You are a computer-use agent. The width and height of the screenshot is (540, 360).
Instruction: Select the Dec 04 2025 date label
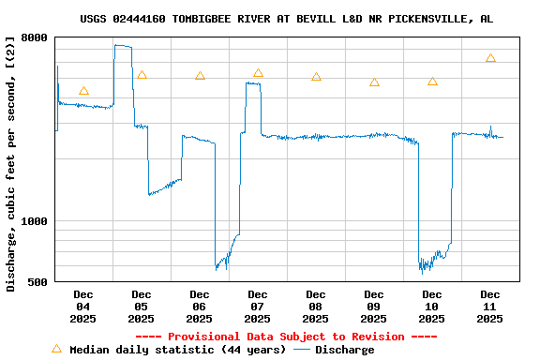(83, 307)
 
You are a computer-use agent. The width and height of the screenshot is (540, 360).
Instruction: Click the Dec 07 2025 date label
(258, 307)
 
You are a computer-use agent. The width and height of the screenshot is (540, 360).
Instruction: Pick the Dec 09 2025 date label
(374, 307)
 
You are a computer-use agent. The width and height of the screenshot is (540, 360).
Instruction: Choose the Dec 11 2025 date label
(490, 307)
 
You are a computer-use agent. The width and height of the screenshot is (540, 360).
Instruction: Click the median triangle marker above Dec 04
(83, 91)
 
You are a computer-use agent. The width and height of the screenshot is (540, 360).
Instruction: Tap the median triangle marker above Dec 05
(142, 75)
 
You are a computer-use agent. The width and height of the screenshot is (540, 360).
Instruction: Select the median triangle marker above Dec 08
(316, 77)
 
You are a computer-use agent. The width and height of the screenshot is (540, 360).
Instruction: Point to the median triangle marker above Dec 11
(490, 58)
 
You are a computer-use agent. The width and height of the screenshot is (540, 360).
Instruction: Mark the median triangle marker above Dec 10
(432, 82)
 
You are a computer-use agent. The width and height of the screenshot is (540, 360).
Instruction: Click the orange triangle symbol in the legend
(56, 349)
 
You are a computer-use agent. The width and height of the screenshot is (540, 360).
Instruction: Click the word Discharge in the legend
(344, 350)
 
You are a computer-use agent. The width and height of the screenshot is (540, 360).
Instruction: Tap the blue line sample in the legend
(302, 350)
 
